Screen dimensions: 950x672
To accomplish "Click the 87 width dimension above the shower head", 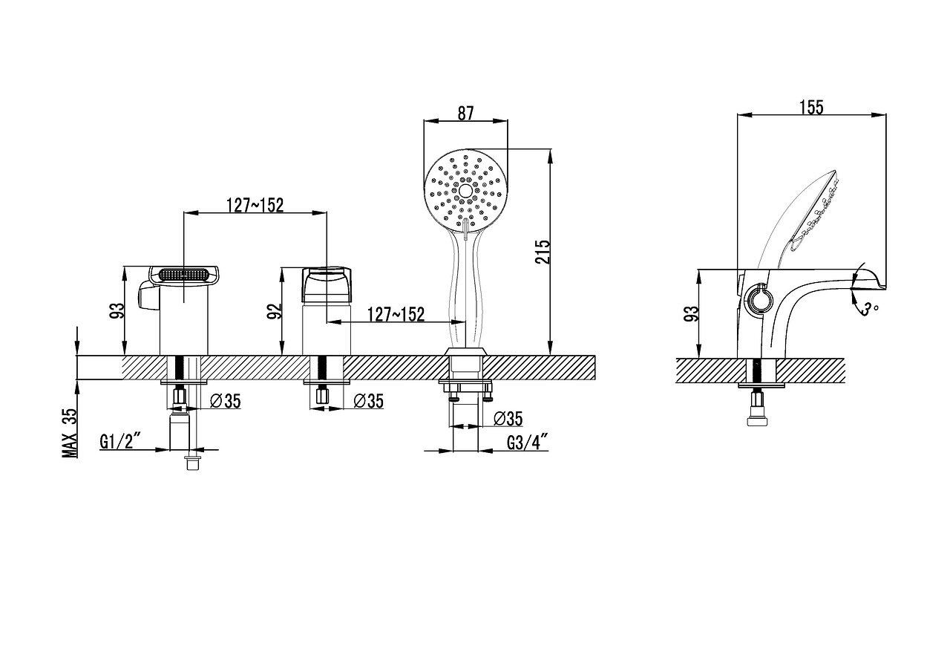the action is pos(465,114).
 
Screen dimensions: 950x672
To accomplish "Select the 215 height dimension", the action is pos(543,252).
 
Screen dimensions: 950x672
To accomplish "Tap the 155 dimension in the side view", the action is pos(811,108).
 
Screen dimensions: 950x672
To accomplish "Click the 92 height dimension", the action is pos(275,311).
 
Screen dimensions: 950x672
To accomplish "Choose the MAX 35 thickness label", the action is pos(70,433).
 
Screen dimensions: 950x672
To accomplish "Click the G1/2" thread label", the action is pos(117,441).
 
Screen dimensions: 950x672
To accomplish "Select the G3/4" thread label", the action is pos(528,443).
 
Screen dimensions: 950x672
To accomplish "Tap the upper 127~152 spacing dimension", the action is pos(255,205).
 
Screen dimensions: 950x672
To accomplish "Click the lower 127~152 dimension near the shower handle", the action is pos(396,314).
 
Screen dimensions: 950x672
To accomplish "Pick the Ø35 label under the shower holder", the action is pos(508,419).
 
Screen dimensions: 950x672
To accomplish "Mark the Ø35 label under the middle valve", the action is pos(369,401).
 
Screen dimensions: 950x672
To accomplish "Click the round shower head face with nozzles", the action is pos(465,191).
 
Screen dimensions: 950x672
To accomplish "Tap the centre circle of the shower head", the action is pos(465,191).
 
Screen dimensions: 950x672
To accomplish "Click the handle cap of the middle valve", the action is pos(327,284).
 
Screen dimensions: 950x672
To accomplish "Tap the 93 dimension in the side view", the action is pos(691,313).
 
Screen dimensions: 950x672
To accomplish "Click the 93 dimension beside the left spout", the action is pos(118,310).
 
